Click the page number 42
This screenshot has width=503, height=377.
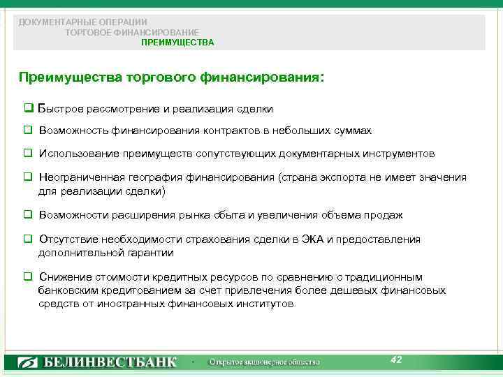point(396,360)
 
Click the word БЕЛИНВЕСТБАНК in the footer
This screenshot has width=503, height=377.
point(110,362)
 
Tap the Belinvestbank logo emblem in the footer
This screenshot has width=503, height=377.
point(28,362)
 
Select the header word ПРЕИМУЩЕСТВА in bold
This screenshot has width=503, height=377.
point(177,43)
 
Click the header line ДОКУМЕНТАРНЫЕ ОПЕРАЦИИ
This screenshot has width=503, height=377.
point(83,22)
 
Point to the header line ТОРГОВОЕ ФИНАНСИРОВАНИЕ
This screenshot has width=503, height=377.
point(131,32)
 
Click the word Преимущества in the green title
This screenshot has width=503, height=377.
point(69,77)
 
